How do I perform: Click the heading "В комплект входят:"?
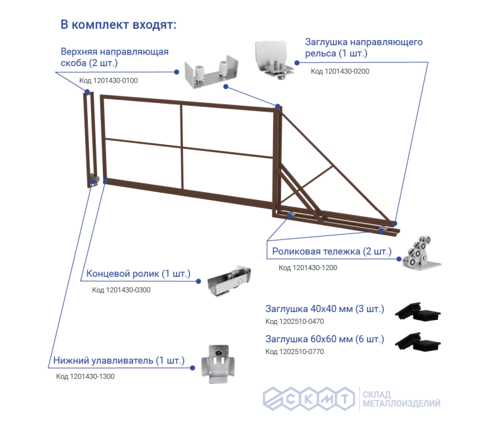[x=119, y=25]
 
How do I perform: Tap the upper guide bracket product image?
[x=212, y=73]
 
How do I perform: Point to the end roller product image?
[x=229, y=281]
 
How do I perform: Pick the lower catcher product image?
[x=218, y=364]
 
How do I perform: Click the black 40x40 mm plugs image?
[x=418, y=311]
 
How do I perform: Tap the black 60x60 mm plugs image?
[x=418, y=342]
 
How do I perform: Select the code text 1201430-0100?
[x=108, y=81]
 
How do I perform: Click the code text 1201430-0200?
[x=340, y=71]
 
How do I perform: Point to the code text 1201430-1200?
[x=307, y=268]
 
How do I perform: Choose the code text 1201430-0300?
[x=121, y=290]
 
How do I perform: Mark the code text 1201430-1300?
[x=85, y=376]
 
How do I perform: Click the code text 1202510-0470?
[x=294, y=321]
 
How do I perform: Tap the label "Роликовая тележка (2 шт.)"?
[x=331, y=251]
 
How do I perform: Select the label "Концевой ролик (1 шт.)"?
[x=138, y=273]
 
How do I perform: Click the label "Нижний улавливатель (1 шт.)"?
[x=119, y=361]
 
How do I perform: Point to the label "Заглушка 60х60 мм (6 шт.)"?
[x=325, y=339]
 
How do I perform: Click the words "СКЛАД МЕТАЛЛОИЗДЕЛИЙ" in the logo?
[x=402, y=399]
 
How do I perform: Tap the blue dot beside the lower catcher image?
[x=193, y=368]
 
